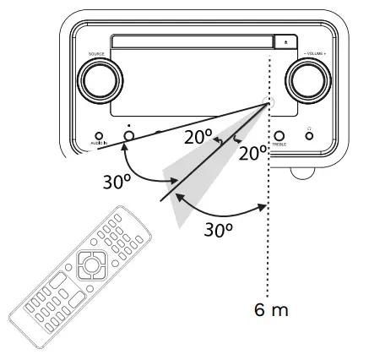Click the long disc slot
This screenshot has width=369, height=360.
click(193, 41)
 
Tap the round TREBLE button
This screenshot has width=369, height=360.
click(279, 134)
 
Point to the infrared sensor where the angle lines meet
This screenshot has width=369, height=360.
click(269, 104)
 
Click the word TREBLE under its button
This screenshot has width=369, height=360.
click(279, 145)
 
